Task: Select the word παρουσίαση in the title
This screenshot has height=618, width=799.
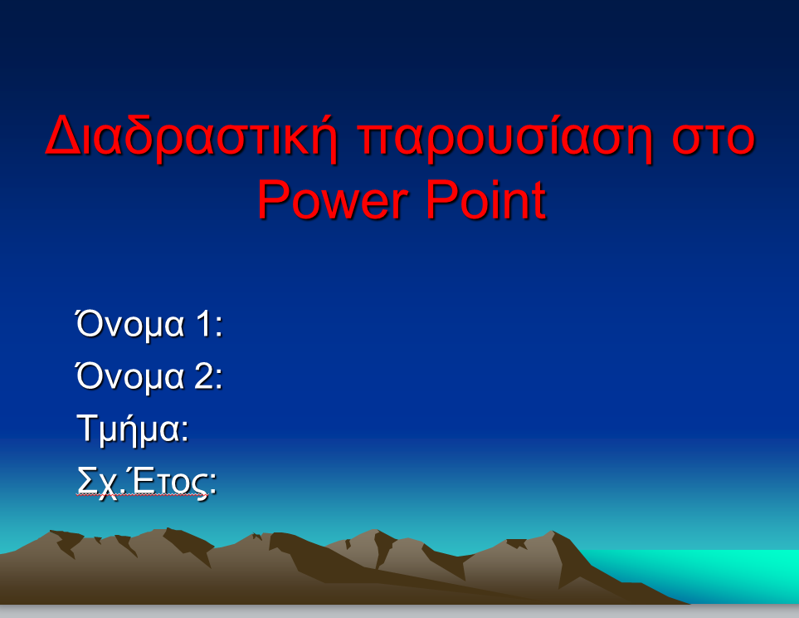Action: (504, 138)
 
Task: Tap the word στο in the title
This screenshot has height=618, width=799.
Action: (713, 138)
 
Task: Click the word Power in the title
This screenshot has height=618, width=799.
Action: (333, 199)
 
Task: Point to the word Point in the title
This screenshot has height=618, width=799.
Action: (485, 199)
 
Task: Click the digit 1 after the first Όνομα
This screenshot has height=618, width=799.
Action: (204, 324)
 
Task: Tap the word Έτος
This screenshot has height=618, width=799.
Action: (170, 480)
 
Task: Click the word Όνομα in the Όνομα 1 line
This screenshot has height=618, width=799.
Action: (129, 325)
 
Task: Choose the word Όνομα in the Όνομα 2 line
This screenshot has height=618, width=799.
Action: (129, 377)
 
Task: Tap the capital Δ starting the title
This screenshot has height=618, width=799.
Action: (63, 135)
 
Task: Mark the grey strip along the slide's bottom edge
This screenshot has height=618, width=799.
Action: (400, 611)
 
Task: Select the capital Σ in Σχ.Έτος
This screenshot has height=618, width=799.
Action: (86, 480)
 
